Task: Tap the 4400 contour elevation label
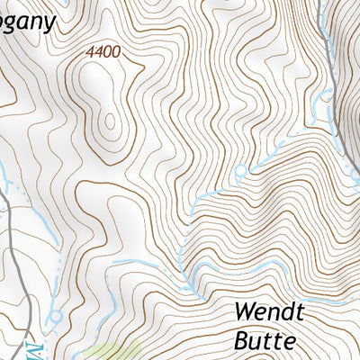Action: point(103,53)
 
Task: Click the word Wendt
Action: point(270,313)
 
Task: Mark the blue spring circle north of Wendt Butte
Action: point(239,170)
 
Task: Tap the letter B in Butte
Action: point(241,341)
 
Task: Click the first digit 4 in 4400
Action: point(90,53)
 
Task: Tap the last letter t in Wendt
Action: point(302,313)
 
